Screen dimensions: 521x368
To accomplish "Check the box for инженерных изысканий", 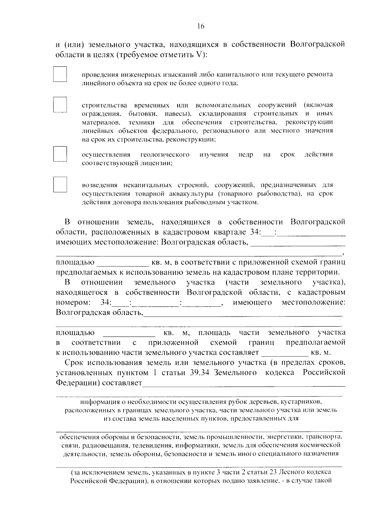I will (60, 74).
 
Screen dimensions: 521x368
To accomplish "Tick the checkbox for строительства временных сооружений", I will (60, 105).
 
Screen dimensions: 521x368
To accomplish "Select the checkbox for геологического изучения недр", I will (60, 154).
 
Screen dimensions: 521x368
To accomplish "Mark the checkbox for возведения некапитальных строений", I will (60, 185).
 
